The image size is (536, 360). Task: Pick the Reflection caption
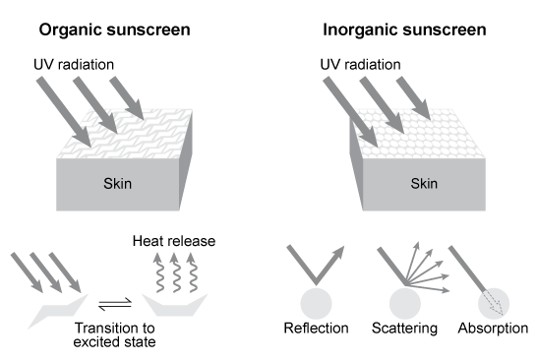[316, 329]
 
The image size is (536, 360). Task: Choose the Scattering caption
[405, 329]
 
